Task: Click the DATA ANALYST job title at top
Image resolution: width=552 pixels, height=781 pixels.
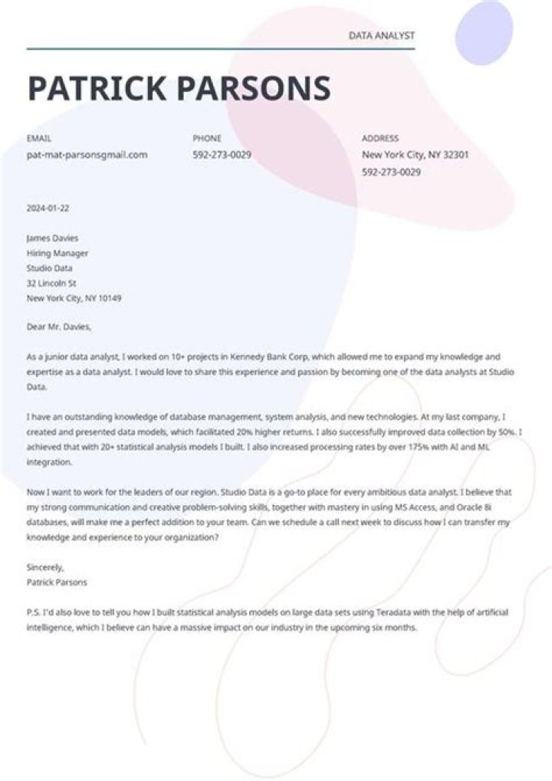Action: tap(381, 36)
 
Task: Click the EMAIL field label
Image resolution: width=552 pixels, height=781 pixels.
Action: tap(38, 139)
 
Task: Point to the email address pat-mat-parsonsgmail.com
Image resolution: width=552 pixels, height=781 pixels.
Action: tap(87, 155)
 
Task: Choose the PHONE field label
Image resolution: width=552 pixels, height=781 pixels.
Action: tap(207, 139)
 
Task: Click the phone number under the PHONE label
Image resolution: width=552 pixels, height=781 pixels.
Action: tap(222, 155)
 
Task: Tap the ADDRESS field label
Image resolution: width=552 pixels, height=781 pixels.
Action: tap(380, 139)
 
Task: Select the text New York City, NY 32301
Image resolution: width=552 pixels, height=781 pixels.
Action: tap(416, 155)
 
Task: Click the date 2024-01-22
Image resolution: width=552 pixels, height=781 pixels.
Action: tap(48, 208)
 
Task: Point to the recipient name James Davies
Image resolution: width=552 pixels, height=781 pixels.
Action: tap(52, 238)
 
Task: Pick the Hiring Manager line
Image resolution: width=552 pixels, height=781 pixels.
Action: tap(58, 253)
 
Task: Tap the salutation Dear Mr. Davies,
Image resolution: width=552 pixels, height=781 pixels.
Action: tap(59, 327)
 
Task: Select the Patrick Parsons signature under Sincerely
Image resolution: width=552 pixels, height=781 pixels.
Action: tap(57, 582)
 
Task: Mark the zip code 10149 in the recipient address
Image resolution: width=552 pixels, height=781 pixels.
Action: tap(109, 298)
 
